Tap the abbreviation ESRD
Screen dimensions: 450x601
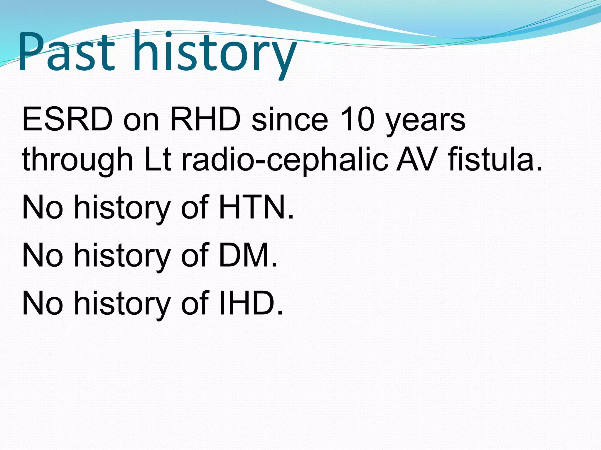[x=67, y=120]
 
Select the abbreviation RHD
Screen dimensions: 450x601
[x=205, y=120]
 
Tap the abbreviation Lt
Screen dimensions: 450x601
[x=158, y=160]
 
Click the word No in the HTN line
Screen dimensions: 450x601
[x=43, y=207]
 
